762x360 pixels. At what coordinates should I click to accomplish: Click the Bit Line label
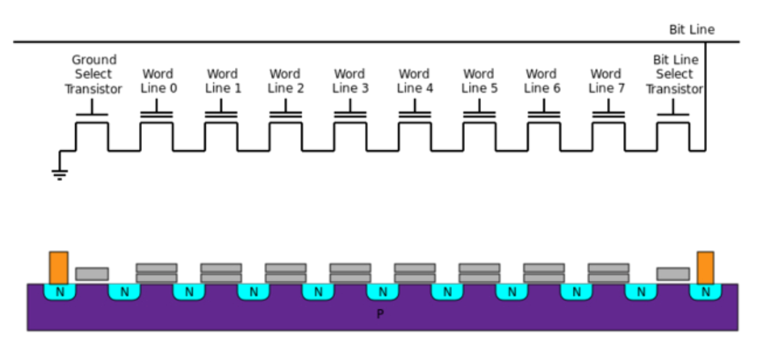(x=692, y=30)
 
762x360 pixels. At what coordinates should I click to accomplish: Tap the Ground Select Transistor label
(x=94, y=74)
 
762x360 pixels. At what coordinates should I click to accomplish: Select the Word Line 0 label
(x=158, y=82)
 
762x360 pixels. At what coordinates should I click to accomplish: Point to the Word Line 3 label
(x=350, y=82)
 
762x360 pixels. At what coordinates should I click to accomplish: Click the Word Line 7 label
(x=607, y=82)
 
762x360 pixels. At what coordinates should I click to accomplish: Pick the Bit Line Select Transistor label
(x=675, y=74)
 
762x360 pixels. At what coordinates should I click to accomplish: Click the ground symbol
(x=60, y=174)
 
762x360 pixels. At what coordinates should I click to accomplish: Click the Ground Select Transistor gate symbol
(x=92, y=108)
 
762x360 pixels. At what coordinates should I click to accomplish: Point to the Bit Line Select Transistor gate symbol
(x=673, y=108)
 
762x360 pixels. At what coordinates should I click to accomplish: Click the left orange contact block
(x=59, y=268)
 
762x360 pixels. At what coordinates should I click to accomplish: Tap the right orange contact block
(x=705, y=268)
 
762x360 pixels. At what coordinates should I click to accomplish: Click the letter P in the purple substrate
(x=380, y=314)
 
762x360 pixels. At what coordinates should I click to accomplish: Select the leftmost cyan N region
(x=60, y=292)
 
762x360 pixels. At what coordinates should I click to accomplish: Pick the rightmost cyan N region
(x=705, y=292)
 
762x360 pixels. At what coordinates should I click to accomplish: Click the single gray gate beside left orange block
(x=92, y=274)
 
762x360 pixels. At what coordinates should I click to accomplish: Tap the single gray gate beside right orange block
(x=673, y=274)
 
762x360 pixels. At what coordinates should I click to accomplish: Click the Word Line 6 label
(x=542, y=82)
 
